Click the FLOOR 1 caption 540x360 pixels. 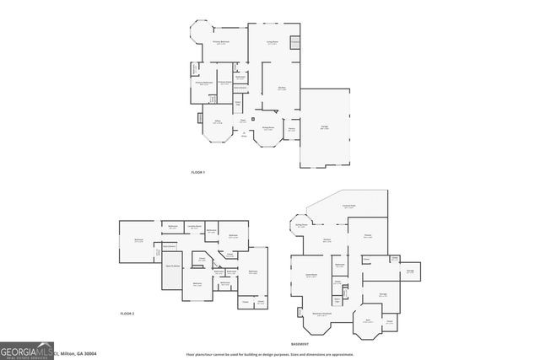(x=198, y=172)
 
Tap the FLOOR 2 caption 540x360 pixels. (x=127, y=313)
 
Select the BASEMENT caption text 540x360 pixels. (x=300, y=344)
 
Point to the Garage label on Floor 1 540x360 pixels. (x=325, y=126)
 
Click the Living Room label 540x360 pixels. (x=273, y=42)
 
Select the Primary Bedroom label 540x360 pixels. (x=221, y=42)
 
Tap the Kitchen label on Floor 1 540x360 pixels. (x=282, y=87)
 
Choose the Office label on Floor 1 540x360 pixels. (x=218, y=122)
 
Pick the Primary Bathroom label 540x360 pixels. (x=203, y=83)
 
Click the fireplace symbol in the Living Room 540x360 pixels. (x=295, y=41)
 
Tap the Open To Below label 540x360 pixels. (x=174, y=266)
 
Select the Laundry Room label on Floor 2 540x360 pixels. (x=193, y=226)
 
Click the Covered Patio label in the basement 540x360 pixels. (x=348, y=206)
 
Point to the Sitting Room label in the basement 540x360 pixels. (x=300, y=225)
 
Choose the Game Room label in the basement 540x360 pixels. (x=310, y=276)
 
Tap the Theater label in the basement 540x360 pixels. (x=368, y=236)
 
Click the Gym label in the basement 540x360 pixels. (x=367, y=320)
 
